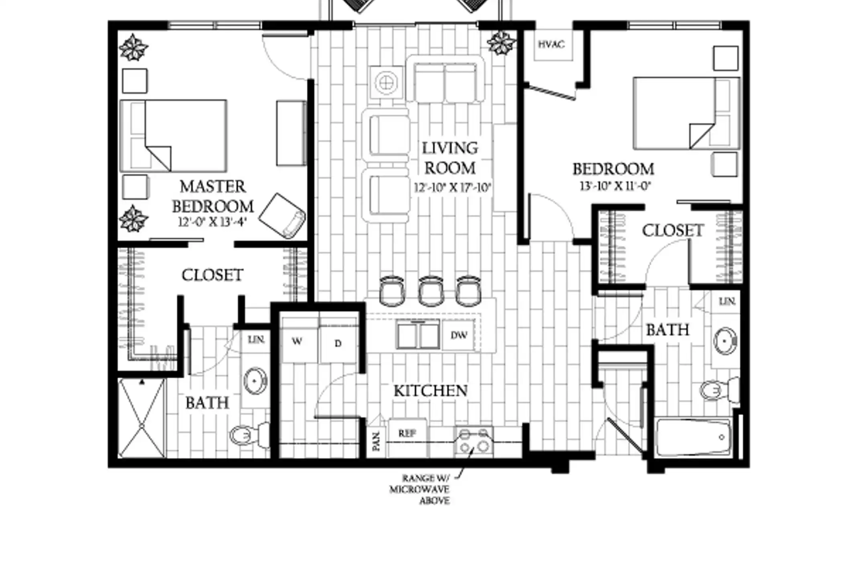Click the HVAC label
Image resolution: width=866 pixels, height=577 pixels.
pyautogui.click(x=551, y=44)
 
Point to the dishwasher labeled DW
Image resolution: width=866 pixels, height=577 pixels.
pyautogui.click(x=459, y=335)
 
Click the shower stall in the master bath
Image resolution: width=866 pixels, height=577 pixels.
pyautogui.click(x=142, y=418)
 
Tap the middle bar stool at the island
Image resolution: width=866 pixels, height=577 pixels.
pyautogui.click(x=431, y=291)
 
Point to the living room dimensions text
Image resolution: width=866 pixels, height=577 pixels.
pyautogui.click(x=452, y=188)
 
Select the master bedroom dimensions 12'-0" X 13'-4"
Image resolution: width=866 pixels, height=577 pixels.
pyautogui.click(x=212, y=222)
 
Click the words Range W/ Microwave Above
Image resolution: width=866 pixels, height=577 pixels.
pyautogui.click(x=420, y=489)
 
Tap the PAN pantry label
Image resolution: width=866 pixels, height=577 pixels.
pyautogui.click(x=376, y=441)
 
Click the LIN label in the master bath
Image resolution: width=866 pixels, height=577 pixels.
pyautogui.click(x=256, y=340)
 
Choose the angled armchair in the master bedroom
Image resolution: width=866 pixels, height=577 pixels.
pyautogui.click(x=282, y=216)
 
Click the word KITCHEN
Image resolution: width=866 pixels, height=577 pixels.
pyautogui.click(x=431, y=391)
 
